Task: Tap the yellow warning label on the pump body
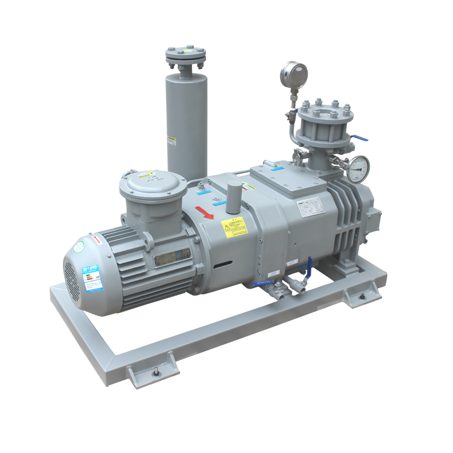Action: point(234,228)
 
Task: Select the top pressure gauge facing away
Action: point(294,74)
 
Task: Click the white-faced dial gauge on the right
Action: point(358,168)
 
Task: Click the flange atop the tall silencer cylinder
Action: point(186,55)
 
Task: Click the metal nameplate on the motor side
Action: point(172,258)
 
